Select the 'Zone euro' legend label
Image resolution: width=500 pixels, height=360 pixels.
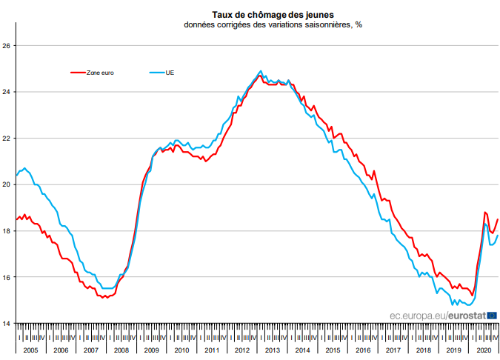click(x=101, y=73)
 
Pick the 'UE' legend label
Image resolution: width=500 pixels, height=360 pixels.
click(x=170, y=73)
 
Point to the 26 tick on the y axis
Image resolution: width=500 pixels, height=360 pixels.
click(x=7, y=46)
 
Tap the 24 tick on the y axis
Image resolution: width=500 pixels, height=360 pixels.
click(x=7, y=92)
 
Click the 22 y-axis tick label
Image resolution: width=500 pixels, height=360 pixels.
click(x=7, y=139)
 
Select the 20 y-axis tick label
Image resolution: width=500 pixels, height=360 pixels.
click(x=7, y=184)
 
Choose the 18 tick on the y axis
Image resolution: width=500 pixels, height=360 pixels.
click(x=7, y=231)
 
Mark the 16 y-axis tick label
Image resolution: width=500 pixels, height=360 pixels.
click(x=7, y=277)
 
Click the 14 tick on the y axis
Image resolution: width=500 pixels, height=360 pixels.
click(x=7, y=324)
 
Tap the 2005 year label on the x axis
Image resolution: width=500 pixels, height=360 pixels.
click(x=30, y=350)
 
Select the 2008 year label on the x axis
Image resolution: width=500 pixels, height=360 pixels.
click(x=121, y=350)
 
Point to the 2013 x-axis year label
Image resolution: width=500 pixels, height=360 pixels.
click(x=272, y=350)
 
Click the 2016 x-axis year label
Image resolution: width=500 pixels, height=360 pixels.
click(x=363, y=350)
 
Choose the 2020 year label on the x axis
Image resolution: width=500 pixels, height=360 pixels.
click(x=484, y=350)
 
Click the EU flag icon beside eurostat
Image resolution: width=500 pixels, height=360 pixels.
click(x=492, y=315)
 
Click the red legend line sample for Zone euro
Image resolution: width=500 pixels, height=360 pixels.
click(x=78, y=73)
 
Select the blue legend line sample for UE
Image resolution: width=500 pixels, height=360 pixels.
click(x=157, y=73)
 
